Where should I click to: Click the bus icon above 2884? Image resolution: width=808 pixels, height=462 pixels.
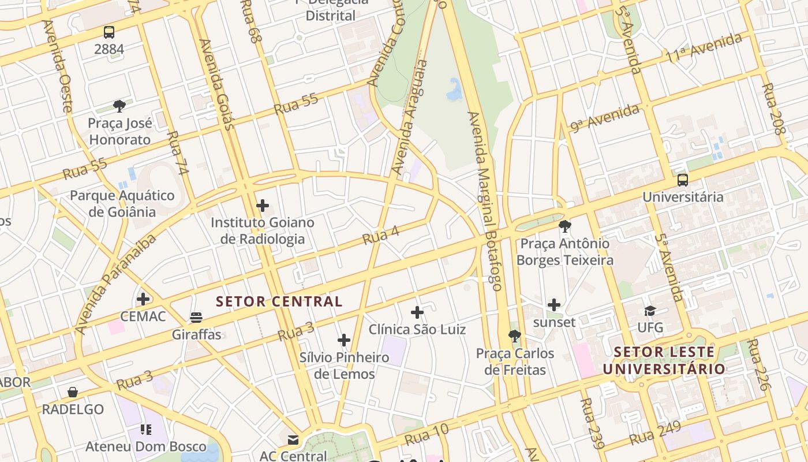coord(109,32)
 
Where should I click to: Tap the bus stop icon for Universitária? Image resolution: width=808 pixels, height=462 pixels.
coord(683,180)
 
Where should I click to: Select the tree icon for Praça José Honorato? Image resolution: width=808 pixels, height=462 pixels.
coord(119,106)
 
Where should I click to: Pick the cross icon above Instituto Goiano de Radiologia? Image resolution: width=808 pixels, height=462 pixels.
coord(263,206)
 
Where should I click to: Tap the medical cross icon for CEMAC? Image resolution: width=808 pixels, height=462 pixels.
coord(143,299)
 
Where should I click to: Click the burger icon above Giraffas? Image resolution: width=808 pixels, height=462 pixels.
coord(196,318)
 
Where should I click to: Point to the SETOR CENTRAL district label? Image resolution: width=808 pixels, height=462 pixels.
coord(279,301)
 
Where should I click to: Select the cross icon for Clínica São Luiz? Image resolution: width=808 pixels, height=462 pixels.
coord(417,313)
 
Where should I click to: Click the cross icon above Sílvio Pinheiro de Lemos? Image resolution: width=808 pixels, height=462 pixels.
coord(344,340)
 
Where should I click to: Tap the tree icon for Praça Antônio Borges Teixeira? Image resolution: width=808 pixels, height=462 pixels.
coord(565,226)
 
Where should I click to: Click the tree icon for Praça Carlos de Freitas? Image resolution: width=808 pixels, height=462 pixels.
coord(515,336)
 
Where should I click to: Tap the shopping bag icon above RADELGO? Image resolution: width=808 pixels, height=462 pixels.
coord(73,393)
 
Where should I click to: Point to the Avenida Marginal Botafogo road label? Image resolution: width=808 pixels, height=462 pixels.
coord(485,201)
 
